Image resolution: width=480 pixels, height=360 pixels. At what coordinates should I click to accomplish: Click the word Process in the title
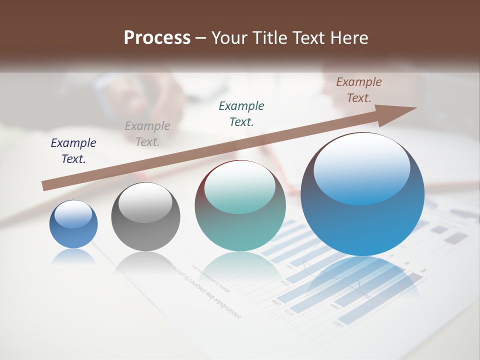tap(157, 38)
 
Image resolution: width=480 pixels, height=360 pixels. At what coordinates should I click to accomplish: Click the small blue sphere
tap(73, 225)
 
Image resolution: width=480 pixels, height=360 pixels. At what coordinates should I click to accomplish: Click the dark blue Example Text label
tap(73, 151)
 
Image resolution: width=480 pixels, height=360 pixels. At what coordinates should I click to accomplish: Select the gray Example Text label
tap(147, 134)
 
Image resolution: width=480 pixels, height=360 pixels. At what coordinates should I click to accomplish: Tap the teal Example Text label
tap(241, 113)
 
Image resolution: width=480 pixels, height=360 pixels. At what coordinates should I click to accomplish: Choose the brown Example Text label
tap(359, 90)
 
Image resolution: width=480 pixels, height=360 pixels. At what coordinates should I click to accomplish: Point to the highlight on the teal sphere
tap(240, 187)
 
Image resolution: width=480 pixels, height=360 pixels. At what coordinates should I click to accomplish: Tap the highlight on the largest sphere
tap(361, 169)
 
